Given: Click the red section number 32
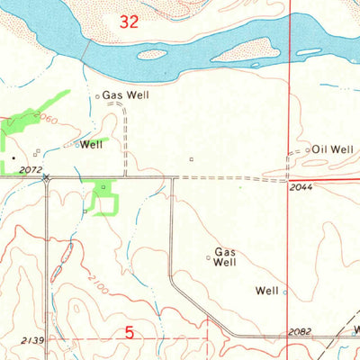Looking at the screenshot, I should (x=130, y=24).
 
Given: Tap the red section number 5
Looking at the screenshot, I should (x=130, y=333).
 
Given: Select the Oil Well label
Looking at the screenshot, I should (x=333, y=148).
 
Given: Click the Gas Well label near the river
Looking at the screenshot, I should (x=125, y=94).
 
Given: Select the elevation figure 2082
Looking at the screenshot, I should (x=301, y=332).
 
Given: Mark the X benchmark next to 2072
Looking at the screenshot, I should (x=46, y=177).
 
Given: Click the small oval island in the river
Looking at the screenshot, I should (x=152, y=54).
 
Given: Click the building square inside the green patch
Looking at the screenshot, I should (x=103, y=187).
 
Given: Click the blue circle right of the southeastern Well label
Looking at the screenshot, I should (x=285, y=292).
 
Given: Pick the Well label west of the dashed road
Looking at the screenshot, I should (x=92, y=144).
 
